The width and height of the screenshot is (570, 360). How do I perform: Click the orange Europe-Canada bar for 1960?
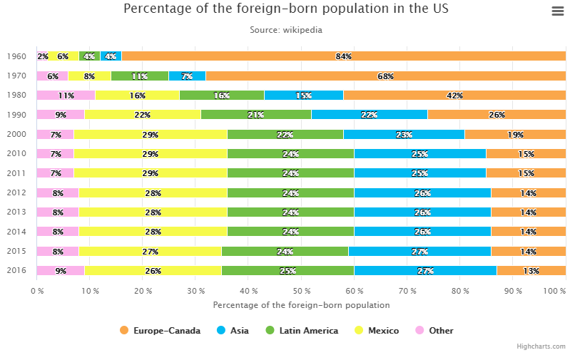pyautogui.click(x=343, y=56)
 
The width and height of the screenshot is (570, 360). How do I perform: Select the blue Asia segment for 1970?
pyautogui.click(x=187, y=76)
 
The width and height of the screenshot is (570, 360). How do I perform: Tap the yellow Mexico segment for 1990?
pyautogui.click(x=143, y=115)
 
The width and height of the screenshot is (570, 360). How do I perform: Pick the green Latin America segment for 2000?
pyautogui.click(x=285, y=134)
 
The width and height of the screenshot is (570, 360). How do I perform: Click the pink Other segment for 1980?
pyautogui.click(x=66, y=96)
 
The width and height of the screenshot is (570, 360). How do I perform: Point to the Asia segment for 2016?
pyautogui.click(x=425, y=270)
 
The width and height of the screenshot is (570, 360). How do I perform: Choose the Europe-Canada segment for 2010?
pyautogui.click(x=526, y=153)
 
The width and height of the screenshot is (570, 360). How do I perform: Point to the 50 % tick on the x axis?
pyautogui.click(x=301, y=291)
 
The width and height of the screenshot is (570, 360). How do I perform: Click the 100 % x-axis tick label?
pyautogui.click(x=554, y=291)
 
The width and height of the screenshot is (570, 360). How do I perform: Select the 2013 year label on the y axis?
pyautogui.click(x=16, y=212)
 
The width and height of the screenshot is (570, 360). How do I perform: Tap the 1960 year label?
pyautogui.click(x=16, y=56)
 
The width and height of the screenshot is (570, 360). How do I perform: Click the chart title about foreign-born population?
pyautogui.click(x=286, y=9)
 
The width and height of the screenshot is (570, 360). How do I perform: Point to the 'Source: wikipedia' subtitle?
pyautogui.click(x=286, y=30)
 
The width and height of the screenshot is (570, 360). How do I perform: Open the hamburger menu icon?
pyautogui.click(x=558, y=11)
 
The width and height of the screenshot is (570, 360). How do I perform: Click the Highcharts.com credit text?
pyautogui.click(x=541, y=346)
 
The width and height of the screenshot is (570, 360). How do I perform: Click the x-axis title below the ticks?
pyautogui.click(x=301, y=305)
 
